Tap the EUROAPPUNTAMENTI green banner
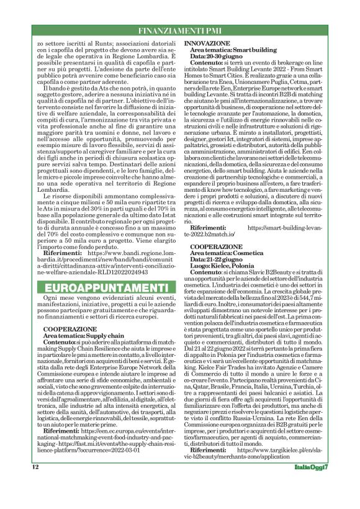click(x=103, y=288)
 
